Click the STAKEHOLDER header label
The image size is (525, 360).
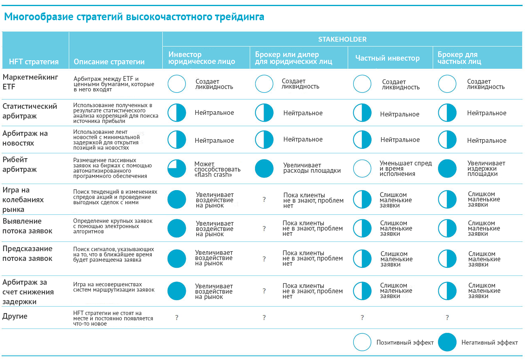pyautogui.click(x=342, y=39)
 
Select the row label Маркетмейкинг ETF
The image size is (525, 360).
pyautogui.click(x=30, y=81)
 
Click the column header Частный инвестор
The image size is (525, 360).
pyautogui.click(x=387, y=58)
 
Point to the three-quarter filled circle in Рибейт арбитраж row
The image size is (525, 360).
pyautogui.click(x=177, y=169)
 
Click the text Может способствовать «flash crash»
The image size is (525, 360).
pyautogui.click(x=217, y=169)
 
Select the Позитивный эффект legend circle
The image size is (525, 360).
pyautogui.click(x=362, y=342)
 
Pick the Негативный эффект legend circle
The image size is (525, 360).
pyautogui.click(x=447, y=342)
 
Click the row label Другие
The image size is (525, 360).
pyautogui.click(x=15, y=316)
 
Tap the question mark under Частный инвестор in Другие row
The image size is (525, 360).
pyautogui.click(x=362, y=318)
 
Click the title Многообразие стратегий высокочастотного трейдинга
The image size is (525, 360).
pyautogui.click(x=134, y=17)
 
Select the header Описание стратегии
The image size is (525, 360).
pyautogui.click(x=109, y=62)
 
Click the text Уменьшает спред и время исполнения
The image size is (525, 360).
pyautogui.click(x=406, y=168)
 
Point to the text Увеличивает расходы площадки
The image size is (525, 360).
pyautogui.click(x=312, y=168)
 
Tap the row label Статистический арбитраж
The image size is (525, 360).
pyautogui.click(x=30, y=111)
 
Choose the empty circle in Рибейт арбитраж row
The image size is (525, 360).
pyautogui.click(x=362, y=169)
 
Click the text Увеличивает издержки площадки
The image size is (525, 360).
pyautogui.click(x=486, y=168)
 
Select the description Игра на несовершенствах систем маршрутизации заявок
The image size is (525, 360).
pyautogui.click(x=114, y=287)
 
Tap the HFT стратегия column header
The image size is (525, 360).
pyautogui.click(x=34, y=62)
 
